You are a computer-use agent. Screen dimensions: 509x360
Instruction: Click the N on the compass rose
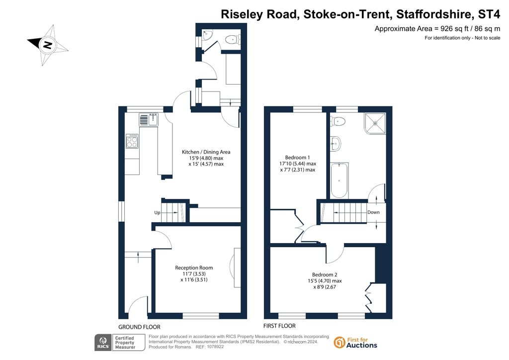[48, 45]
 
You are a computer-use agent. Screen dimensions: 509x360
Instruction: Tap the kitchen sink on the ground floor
[149, 119]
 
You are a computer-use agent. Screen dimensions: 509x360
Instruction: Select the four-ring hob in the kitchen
[132, 141]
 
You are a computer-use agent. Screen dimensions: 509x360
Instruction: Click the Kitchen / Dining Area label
[206, 152]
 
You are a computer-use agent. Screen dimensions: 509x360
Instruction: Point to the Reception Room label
[194, 268]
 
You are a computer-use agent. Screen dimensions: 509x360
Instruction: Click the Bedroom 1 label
[297, 158]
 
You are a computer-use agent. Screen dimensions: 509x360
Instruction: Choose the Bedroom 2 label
[325, 274]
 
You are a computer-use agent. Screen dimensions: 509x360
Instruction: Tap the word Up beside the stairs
[157, 213]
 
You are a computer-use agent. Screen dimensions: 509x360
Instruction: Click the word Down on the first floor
[373, 212]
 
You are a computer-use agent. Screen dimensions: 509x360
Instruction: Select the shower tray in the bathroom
[375, 123]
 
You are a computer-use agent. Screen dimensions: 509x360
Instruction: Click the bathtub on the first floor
[339, 180]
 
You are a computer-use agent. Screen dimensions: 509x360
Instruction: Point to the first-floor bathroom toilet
[338, 121]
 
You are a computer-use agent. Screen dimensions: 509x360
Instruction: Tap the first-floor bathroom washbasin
[336, 144]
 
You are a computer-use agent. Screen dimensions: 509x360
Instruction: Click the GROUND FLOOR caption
[139, 327]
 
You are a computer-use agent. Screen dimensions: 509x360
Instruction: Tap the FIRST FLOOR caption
[279, 326]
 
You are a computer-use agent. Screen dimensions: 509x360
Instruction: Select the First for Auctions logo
[355, 343]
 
